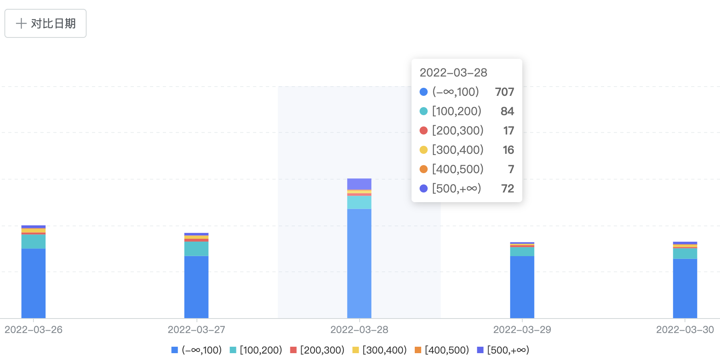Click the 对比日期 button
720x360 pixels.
tap(46, 23)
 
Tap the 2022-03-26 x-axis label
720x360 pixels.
tap(33, 330)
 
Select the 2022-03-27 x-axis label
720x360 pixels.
tap(197, 330)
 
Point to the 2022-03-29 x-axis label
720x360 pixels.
tap(522, 330)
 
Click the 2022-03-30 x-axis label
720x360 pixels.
tap(685, 330)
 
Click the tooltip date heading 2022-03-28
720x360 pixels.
tap(453, 72)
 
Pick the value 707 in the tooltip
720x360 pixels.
tap(505, 92)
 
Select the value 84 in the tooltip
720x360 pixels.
tap(507, 111)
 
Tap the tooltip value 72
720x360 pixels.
tap(507, 188)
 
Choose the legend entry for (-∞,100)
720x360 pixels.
tap(197, 350)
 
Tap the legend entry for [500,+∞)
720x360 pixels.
tap(503, 350)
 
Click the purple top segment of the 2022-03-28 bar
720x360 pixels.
tap(359, 184)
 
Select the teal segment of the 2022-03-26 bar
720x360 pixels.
tap(33, 242)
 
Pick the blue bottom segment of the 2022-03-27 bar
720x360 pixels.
tap(197, 287)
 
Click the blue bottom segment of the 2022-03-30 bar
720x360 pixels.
tap(685, 288)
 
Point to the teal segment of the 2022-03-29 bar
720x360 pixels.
tap(522, 252)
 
